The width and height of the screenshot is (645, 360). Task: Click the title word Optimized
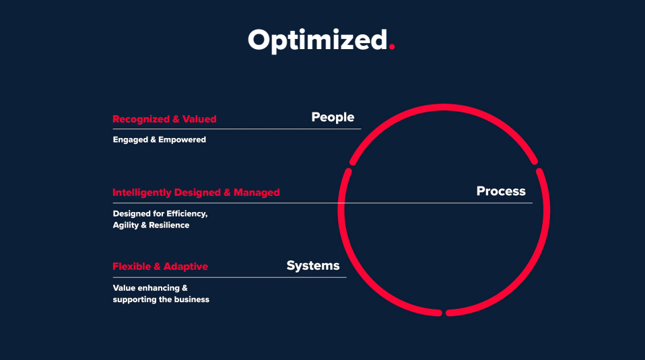tap(318, 40)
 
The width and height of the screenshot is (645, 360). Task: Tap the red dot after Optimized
tap(392, 46)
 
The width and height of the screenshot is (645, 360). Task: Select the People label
tap(333, 118)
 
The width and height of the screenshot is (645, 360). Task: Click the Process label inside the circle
tap(501, 191)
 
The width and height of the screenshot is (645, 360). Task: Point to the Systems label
tap(313, 266)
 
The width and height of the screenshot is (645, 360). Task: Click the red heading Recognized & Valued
tap(164, 119)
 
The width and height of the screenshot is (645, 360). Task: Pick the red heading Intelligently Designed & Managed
tap(196, 192)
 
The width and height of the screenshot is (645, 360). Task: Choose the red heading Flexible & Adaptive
tap(160, 266)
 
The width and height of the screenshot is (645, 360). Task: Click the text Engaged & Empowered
tap(159, 140)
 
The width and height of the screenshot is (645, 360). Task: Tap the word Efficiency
tap(187, 214)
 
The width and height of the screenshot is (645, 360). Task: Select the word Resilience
tap(169, 225)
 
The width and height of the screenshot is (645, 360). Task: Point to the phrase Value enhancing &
tap(150, 288)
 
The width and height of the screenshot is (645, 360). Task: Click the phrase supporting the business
tap(161, 299)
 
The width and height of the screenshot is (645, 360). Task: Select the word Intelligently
tap(142, 192)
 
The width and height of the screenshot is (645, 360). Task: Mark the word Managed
tap(257, 192)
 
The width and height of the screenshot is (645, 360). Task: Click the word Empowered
tap(182, 140)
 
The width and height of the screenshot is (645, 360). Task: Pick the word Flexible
tap(132, 266)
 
